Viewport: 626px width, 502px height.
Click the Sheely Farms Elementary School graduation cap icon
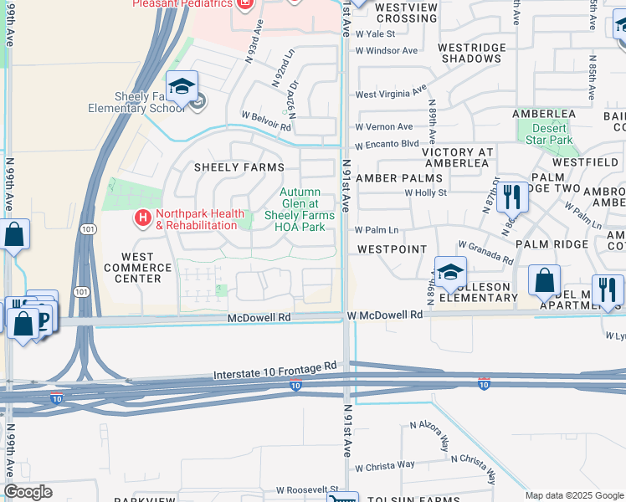click(x=181, y=87)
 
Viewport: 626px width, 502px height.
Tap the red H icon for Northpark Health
click(x=142, y=218)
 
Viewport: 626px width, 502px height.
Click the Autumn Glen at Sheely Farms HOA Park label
click(x=300, y=209)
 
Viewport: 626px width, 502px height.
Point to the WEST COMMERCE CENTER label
click(x=138, y=268)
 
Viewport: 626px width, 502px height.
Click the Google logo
click(x=28, y=492)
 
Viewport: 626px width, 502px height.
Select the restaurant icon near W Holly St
click(x=512, y=198)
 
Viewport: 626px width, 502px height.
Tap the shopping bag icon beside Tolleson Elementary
click(x=545, y=281)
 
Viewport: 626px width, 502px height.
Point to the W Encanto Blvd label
click(x=387, y=143)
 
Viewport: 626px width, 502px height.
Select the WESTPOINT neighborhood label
click(x=392, y=249)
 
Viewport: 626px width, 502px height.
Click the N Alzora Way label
click(x=430, y=426)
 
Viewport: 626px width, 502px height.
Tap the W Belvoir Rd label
click(x=265, y=115)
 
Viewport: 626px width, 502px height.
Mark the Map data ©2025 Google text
click(x=573, y=495)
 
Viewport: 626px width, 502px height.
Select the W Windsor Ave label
click(x=387, y=51)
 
